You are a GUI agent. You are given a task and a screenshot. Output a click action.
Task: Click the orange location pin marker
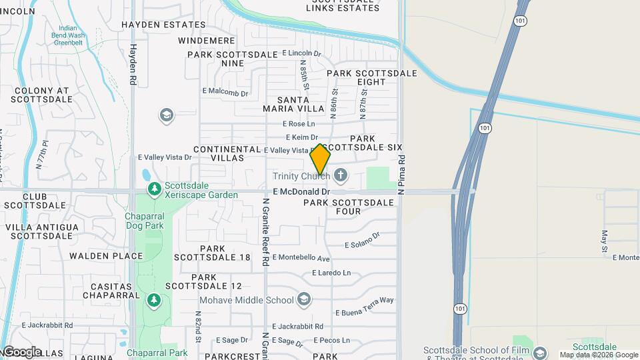tap(321, 159)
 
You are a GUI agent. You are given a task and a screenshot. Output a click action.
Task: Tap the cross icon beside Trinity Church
tap(341, 176)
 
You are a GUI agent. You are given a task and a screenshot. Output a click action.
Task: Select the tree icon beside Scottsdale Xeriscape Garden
tap(155, 190)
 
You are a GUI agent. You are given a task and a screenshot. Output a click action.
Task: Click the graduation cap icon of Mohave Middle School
tap(305, 299)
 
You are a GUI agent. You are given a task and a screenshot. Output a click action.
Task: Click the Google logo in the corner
tap(21, 351)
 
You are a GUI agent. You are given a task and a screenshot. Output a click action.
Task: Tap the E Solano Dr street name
tap(362, 241)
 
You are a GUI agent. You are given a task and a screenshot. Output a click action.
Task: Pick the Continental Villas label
tap(227, 154)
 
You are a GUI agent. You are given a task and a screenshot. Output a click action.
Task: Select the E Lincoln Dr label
tap(301, 53)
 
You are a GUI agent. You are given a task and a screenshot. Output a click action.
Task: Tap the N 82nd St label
tap(199, 327)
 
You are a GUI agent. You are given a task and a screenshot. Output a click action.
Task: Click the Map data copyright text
tap(599, 355)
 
